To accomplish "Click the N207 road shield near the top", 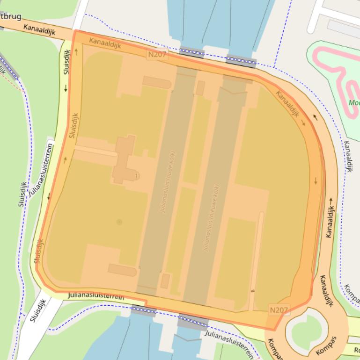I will (157, 55).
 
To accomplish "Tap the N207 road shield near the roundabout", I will (279, 310).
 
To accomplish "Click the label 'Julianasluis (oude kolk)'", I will (168, 182).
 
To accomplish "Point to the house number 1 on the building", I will (136, 176).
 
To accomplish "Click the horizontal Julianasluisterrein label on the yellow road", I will (96, 296).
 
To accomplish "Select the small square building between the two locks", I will (200, 88).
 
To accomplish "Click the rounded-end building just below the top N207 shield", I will (157, 83).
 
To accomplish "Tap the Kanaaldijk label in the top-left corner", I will (39, 30).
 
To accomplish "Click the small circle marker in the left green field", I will (119, 222).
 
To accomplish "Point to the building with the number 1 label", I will (123, 159).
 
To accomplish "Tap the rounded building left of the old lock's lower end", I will (122, 270).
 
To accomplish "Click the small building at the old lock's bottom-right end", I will (165, 281).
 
